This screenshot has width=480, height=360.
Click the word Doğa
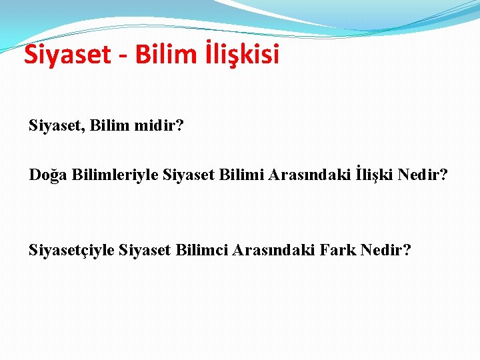point(47,175)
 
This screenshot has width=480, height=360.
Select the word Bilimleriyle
point(103,175)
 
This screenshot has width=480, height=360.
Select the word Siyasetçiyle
point(72,251)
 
